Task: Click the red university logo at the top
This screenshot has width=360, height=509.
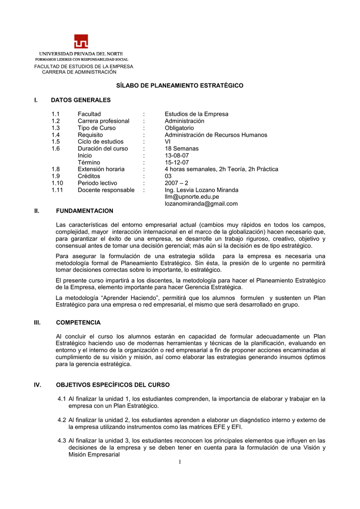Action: (81, 42)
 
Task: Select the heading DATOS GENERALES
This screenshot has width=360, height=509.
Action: (81, 100)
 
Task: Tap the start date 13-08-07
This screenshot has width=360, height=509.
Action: (177, 156)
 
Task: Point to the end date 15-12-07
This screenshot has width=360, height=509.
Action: (177, 163)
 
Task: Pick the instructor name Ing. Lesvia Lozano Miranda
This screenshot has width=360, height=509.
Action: (201, 190)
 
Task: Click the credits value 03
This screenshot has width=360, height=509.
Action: (169, 176)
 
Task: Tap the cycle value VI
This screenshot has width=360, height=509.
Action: (168, 142)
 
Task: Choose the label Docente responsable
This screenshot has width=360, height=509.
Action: (106, 190)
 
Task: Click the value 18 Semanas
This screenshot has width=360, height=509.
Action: (181, 149)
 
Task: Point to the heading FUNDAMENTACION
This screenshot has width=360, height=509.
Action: (85, 211)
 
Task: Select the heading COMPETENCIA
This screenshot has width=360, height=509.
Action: (78, 323)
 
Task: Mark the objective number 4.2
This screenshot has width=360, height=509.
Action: (62, 420)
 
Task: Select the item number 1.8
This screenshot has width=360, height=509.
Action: (56, 169)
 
